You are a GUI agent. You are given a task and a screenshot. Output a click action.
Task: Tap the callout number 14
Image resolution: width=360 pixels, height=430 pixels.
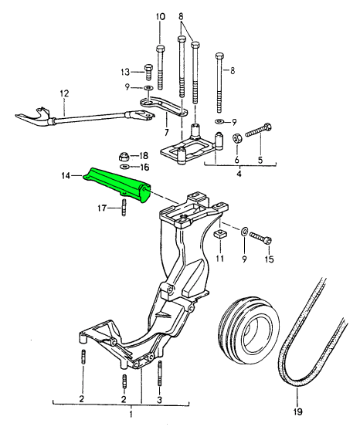pos(67,177)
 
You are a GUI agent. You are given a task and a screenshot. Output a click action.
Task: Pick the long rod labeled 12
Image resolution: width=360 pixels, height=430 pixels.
pos(85,117)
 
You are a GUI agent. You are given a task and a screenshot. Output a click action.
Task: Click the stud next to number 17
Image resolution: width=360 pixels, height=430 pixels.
pos(123,208)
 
